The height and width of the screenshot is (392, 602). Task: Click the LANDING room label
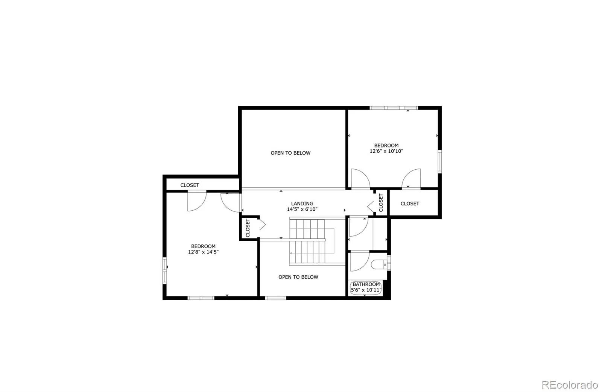[x=302, y=204]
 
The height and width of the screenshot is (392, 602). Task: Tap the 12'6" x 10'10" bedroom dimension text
[x=386, y=151]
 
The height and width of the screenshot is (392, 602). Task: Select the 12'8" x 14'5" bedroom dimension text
[x=203, y=252]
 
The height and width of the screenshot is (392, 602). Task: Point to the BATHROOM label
[x=366, y=284]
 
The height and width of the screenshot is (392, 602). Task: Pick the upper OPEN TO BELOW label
[x=290, y=153]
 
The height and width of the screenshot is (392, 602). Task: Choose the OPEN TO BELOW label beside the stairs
[x=298, y=277]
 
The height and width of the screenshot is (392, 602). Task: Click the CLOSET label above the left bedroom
[x=190, y=185]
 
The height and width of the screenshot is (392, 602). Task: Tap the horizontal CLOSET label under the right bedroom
[x=410, y=204]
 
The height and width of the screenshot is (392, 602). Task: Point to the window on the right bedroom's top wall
[x=393, y=108]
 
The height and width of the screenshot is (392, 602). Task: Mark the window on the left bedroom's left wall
[x=164, y=270]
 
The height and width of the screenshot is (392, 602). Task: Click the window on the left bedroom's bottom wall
[x=201, y=298]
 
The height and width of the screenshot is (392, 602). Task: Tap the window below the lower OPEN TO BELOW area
[x=275, y=298]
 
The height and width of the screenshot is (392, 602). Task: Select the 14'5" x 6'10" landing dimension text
[x=302, y=209]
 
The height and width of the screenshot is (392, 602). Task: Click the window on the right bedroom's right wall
[x=439, y=162]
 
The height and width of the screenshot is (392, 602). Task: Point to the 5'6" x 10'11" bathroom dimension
[x=366, y=290]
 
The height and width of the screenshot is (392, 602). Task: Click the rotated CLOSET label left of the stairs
[x=248, y=228]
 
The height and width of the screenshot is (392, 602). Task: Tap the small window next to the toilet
[x=389, y=263]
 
